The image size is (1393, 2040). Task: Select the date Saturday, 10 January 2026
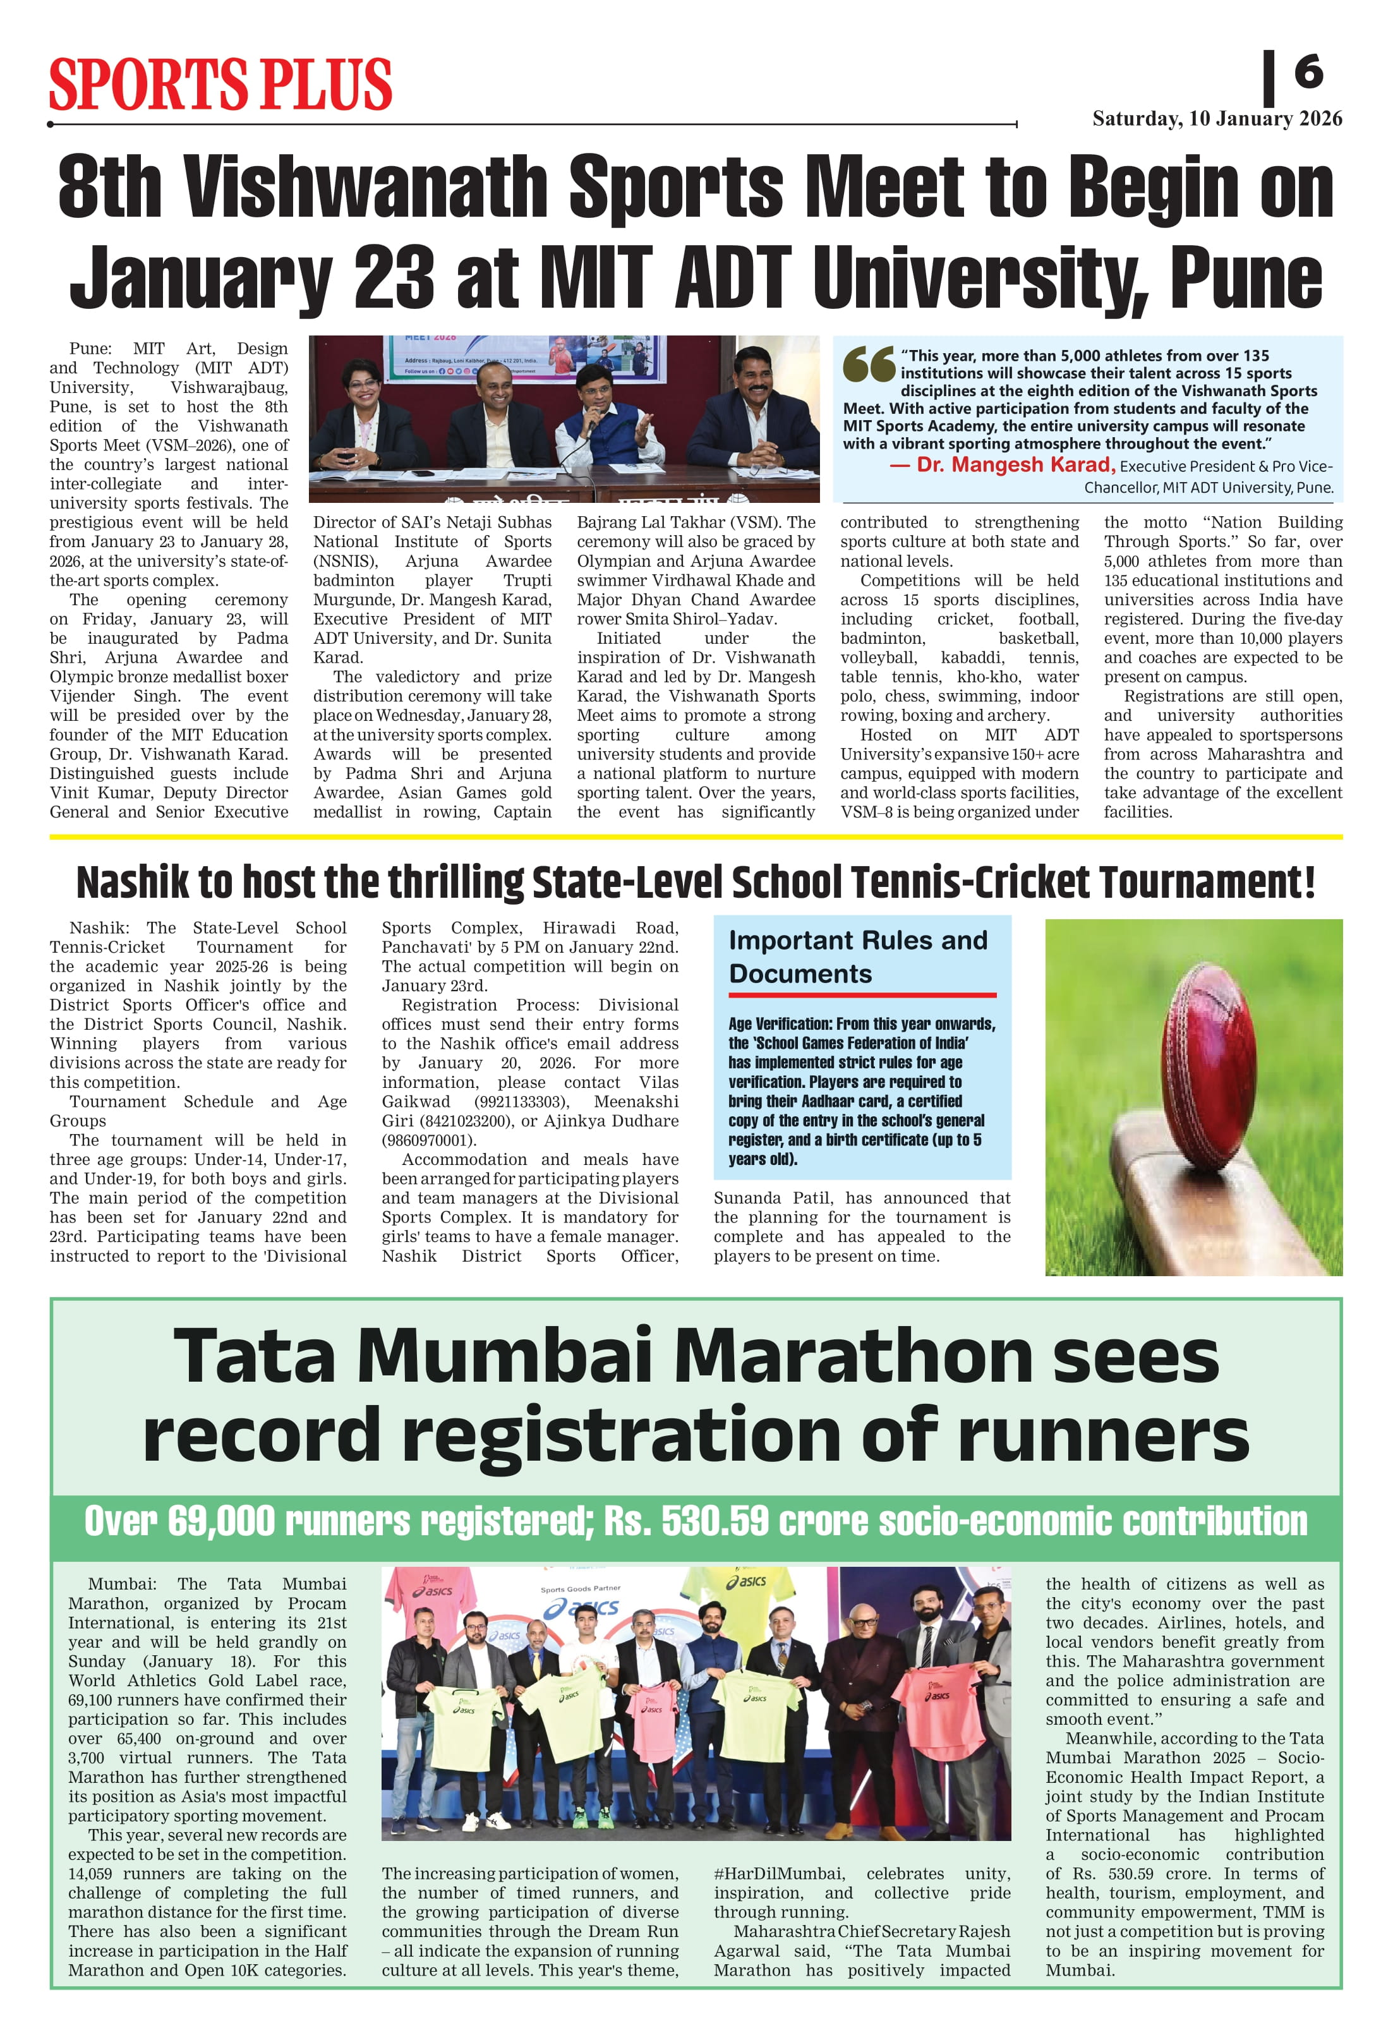click(x=1217, y=119)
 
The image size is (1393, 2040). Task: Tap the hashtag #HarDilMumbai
click(x=778, y=1873)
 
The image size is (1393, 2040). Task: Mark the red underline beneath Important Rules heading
click(x=862, y=994)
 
